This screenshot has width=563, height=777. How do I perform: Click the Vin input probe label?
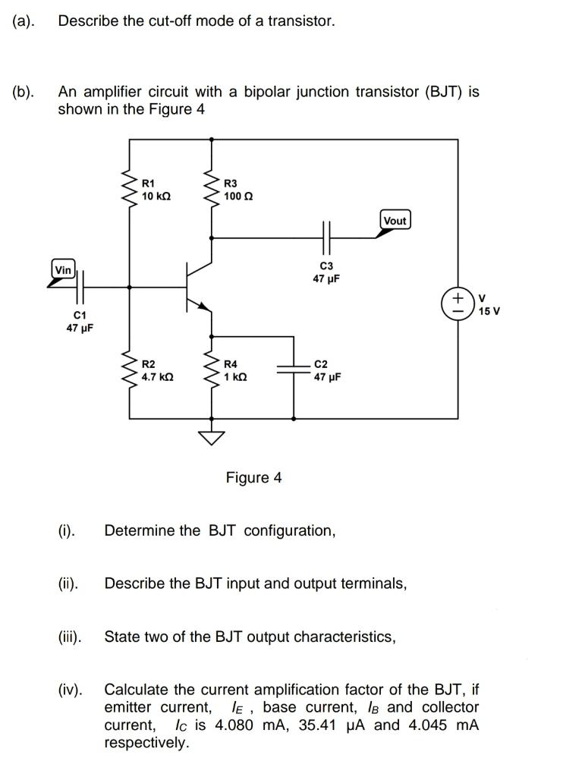tap(64, 270)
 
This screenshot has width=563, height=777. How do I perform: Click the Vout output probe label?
tap(395, 221)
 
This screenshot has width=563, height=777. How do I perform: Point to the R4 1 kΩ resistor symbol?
tap(210, 370)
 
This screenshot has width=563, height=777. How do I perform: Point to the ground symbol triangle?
tap(210, 436)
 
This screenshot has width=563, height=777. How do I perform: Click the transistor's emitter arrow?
tap(202, 305)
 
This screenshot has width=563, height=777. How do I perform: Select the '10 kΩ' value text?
tap(156, 196)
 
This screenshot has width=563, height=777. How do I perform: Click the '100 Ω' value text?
tap(238, 196)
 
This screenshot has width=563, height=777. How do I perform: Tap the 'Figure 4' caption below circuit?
tap(253, 477)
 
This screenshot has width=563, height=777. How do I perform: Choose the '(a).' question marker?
tap(24, 21)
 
